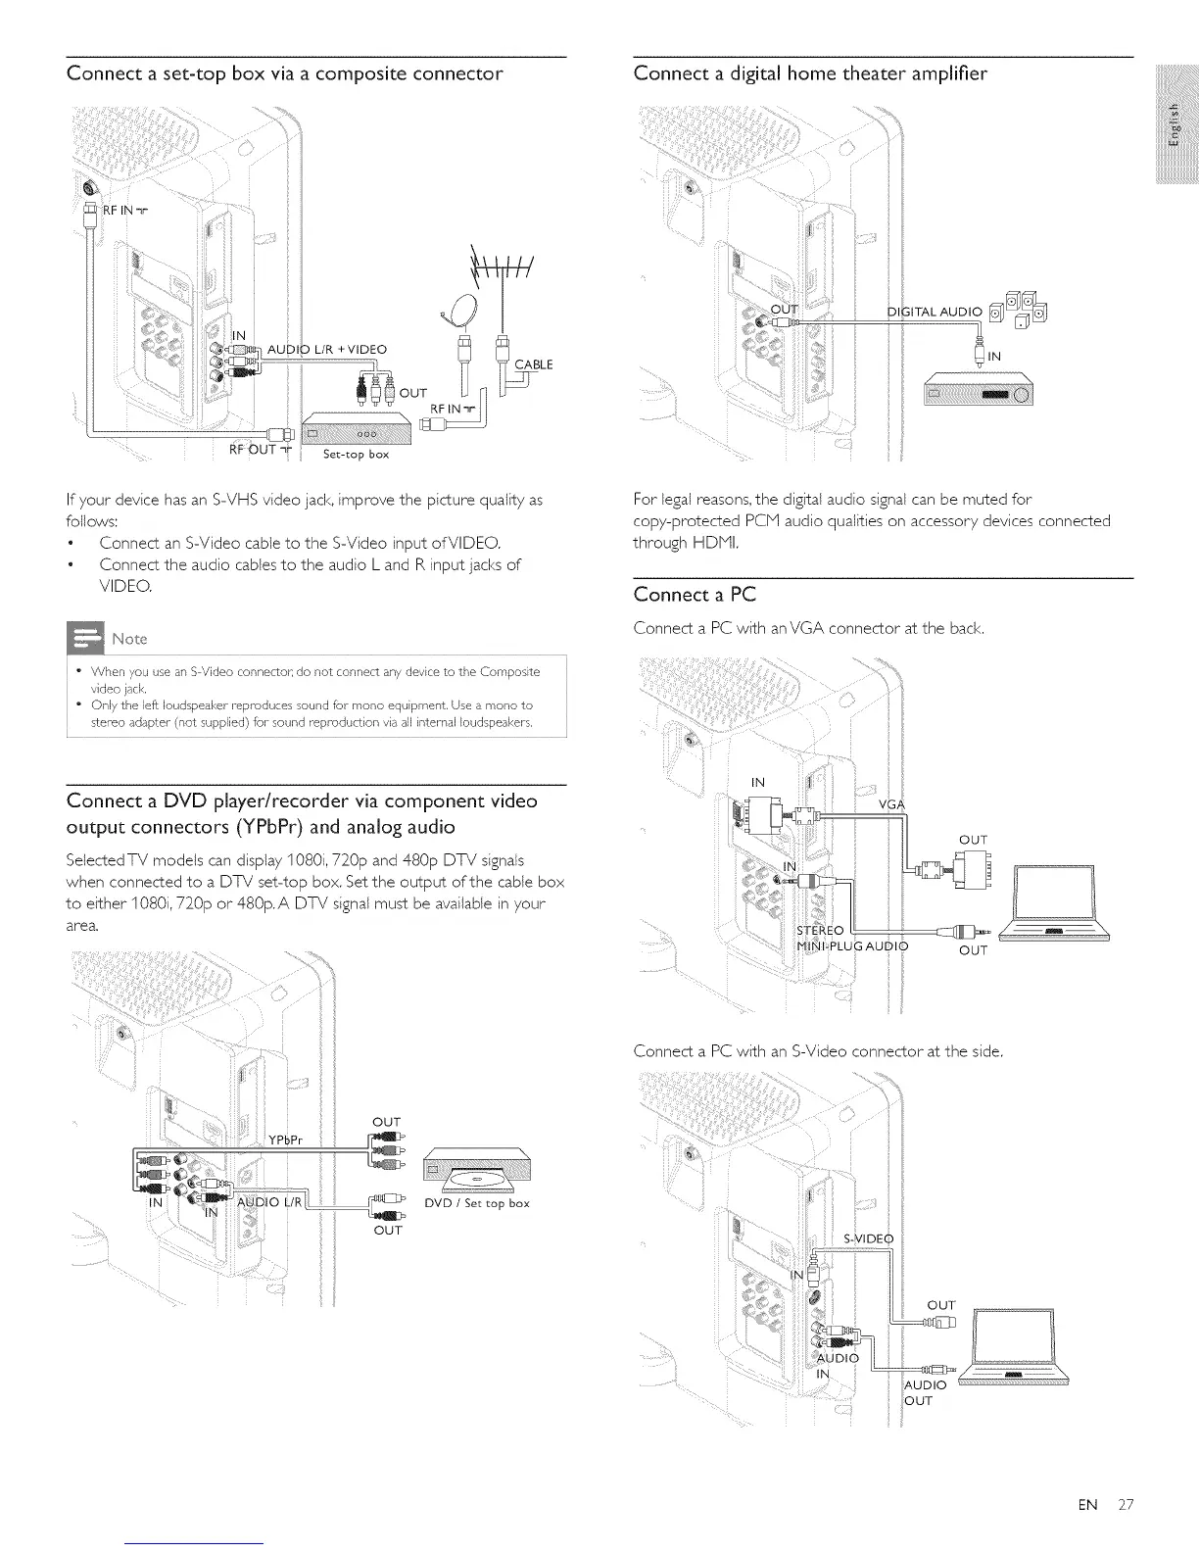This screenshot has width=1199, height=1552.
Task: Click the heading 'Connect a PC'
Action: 695,595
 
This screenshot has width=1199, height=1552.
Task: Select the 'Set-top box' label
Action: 357,454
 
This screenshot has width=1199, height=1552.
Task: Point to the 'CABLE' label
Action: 534,364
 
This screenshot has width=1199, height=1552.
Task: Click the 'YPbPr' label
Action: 287,1139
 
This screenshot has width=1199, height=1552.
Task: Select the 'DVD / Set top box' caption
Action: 477,1203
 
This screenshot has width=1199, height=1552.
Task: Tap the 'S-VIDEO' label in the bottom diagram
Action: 869,1238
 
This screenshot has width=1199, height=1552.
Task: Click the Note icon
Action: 85,638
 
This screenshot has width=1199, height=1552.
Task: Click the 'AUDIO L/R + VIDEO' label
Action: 327,350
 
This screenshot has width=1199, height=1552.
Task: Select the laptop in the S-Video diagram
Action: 1012,1347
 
